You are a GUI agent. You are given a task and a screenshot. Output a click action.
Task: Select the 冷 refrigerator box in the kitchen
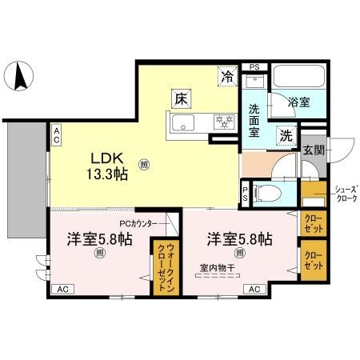tap(228, 78)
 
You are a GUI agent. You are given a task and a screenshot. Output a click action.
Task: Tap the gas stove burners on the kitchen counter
tap(222, 122)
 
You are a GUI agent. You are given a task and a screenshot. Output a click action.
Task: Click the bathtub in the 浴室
tap(298, 80)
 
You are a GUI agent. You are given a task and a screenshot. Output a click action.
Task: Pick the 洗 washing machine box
tap(286, 135)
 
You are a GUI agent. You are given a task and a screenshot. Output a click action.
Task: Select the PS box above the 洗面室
tap(254, 67)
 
